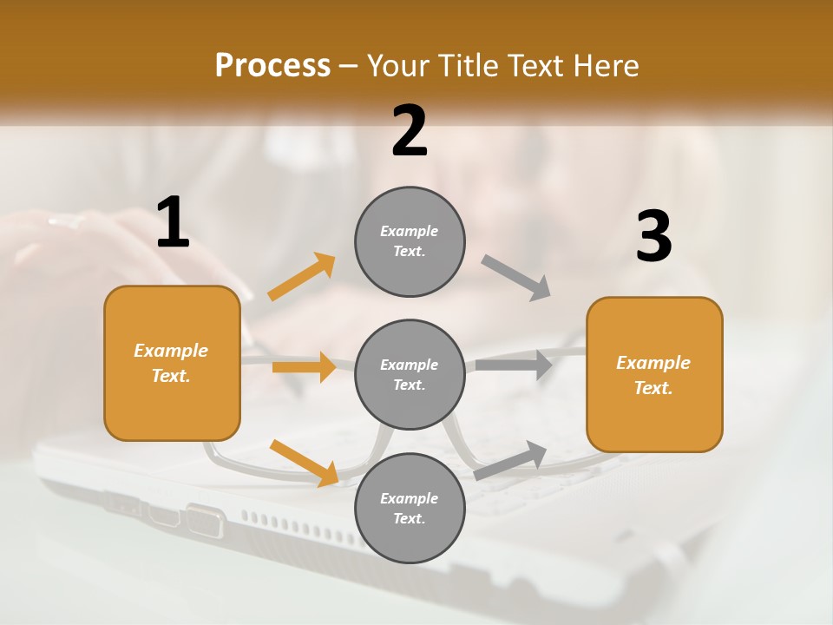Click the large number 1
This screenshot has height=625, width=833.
(x=173, y=222)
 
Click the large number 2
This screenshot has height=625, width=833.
(x=410, y=131)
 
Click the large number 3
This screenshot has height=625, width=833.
(x=653, y=236)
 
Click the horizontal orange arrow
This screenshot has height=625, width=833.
(x=304, y=367)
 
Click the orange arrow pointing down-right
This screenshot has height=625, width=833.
(x=305, y=463)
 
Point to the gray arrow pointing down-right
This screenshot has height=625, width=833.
(x=516, y=278)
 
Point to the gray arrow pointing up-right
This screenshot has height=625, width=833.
(x=510, y=460)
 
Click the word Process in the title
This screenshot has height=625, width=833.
(x=272, y=65)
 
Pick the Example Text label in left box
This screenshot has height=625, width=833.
(x=171, y=363)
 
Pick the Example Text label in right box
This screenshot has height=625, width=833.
(x=653, y=375)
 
